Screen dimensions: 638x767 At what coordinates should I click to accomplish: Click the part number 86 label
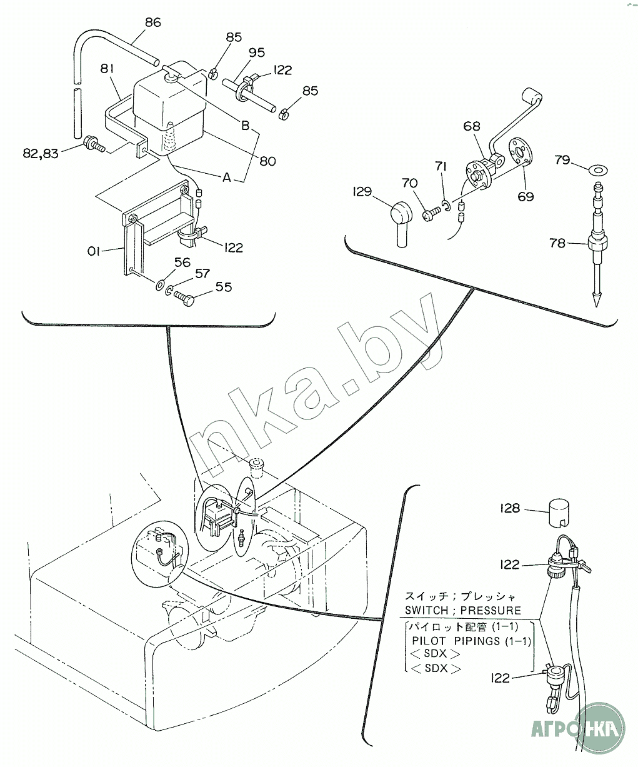[153, 23]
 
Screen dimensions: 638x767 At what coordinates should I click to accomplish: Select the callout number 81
[107, 69]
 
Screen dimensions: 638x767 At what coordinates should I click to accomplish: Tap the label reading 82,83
[41, 153]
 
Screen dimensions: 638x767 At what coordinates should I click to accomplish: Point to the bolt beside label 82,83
[94, 144]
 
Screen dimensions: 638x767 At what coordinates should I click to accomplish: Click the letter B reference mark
[245, 126]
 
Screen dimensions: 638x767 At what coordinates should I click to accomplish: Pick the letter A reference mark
[227, 178]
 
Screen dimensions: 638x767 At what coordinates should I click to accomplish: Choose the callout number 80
[267, 161]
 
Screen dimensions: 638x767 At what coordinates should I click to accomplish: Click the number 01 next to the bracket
[94, 251]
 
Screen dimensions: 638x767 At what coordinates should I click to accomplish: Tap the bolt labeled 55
[184, 296]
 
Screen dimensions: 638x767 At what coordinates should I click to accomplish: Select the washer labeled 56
[161, 284]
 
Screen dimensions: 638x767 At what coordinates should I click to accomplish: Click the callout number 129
[362, 191]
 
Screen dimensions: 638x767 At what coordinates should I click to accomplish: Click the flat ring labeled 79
[598, 170]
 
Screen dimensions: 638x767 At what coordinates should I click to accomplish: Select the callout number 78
[557, 243]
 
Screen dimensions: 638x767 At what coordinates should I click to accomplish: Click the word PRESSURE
[491, 610]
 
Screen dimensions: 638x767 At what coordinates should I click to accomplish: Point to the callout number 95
[257, 53]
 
